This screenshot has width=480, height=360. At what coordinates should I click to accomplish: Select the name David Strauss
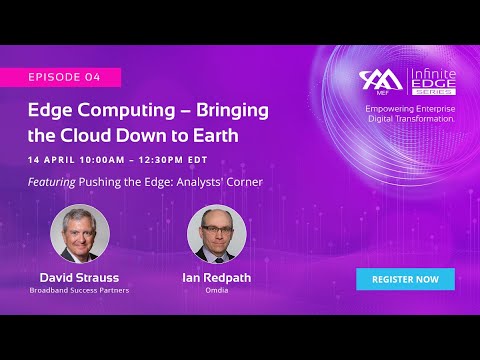coord(79,277)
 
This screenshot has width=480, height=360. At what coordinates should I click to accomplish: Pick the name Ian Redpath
coord(217,277)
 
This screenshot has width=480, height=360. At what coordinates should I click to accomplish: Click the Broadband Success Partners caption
coord(79,291)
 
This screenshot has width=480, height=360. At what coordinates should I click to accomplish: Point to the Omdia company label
coord(217,291)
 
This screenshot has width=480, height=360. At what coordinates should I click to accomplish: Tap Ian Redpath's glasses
coord(217,228)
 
